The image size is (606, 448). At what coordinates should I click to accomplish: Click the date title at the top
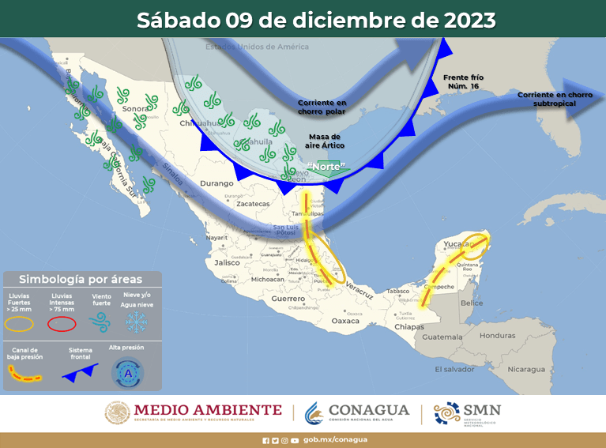316,20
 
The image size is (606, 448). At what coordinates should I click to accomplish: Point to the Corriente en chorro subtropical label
555,99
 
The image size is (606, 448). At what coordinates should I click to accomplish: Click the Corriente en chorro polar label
322,107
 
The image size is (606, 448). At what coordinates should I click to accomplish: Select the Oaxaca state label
345,321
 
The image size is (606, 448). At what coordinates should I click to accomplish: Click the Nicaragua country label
525,369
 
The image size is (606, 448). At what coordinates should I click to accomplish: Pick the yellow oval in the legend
20,323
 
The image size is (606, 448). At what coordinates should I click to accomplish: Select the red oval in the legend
62,323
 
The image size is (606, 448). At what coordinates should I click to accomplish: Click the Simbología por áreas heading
81,279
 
